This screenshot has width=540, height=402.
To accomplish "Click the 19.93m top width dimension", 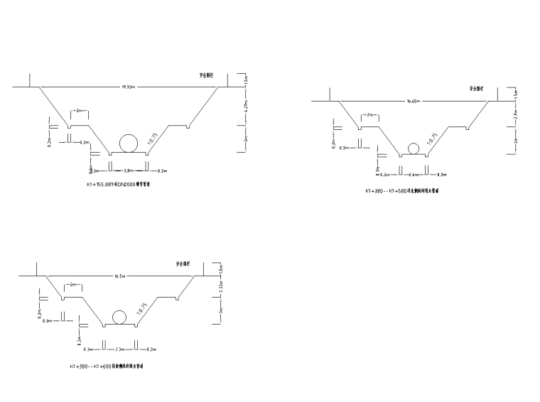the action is click(129, 87).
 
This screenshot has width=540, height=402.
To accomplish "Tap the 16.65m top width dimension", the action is click(413, 102).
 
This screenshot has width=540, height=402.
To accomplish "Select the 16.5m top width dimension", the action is click(119, 276).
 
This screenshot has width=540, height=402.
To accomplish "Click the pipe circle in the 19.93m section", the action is click(129, 142).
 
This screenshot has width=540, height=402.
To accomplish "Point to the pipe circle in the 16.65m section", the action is click(413, 148).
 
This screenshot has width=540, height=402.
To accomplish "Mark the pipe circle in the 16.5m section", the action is click(119, 317).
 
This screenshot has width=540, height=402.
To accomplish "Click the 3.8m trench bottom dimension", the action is click(129, 170).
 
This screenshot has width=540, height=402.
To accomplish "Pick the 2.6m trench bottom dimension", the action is click(413, 174).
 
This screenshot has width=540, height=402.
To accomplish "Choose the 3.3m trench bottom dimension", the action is click(120, 349).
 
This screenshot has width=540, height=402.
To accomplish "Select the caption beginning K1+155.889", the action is click(119, 184).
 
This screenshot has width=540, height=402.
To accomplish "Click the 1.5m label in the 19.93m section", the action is click(245, 80).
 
